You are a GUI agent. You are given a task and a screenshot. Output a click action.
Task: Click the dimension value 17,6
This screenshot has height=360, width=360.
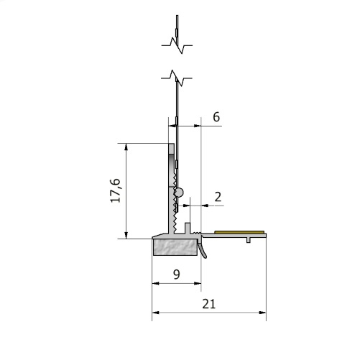click(x=115, y=190)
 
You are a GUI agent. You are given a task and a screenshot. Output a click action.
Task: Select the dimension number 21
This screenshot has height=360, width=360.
click(x=209, y=304)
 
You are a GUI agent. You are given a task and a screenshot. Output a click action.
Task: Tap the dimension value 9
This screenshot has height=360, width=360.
click(x=176, y=274)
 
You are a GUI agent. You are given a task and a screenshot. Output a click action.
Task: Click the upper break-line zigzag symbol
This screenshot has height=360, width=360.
click(x=176, y=45)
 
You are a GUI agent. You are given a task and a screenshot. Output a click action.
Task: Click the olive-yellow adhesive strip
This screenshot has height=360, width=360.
click(x=240, y=232)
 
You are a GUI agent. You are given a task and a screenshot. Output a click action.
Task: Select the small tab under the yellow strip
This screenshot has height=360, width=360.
click(x=248, y=239)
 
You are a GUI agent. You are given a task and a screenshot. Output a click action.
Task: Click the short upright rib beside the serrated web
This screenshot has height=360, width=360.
click(x=187, y=227)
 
